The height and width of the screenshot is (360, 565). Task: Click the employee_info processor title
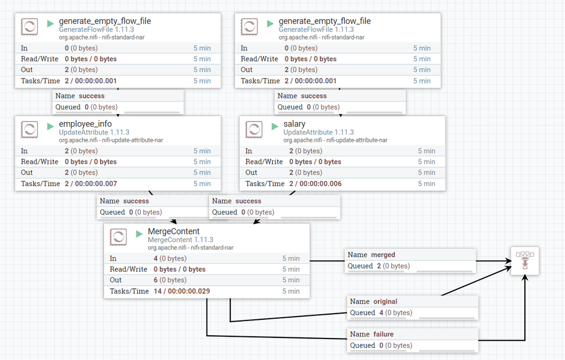click(85, 124)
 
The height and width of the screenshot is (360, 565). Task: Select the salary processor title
click(295, 124)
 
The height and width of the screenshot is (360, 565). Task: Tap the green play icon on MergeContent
click(139, 234)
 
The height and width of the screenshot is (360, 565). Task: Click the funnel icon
click(525, 261)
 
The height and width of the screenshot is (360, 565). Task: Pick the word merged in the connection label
click(383, 255)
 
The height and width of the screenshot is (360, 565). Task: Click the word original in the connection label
click(385, 302)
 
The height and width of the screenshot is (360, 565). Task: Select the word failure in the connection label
click(383, 335)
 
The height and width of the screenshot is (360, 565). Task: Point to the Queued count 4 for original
click(381, 313)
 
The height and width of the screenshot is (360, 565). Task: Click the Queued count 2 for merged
click(379, 266)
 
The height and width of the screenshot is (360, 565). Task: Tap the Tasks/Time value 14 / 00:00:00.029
click(182, 291)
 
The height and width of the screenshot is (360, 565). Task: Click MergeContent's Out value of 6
click(156, 280)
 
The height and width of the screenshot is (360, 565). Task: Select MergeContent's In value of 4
click(156, 258)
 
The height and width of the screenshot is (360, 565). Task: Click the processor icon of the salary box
click(254, 129)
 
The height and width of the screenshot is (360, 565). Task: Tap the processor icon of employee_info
click(29, 129)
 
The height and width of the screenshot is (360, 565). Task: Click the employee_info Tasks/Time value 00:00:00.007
click(96, 184)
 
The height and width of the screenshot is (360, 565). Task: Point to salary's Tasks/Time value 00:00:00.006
click(320, 184)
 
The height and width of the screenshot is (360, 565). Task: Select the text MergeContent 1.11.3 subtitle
click(180, 240)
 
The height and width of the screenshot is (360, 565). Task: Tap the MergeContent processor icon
click(118, 237)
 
